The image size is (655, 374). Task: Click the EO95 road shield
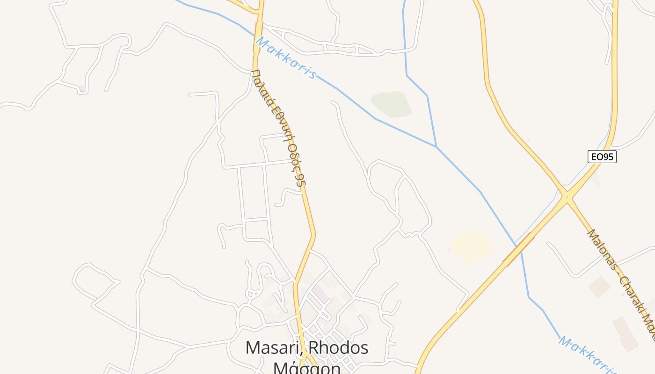coord(602,157)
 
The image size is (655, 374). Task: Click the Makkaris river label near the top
coord(285,59)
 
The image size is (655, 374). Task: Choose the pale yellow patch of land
coord(472,245)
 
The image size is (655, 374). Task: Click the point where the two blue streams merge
coord(436,147)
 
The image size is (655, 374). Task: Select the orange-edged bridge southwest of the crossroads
coord(518,250)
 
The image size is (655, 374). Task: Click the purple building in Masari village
coord(320,293)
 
